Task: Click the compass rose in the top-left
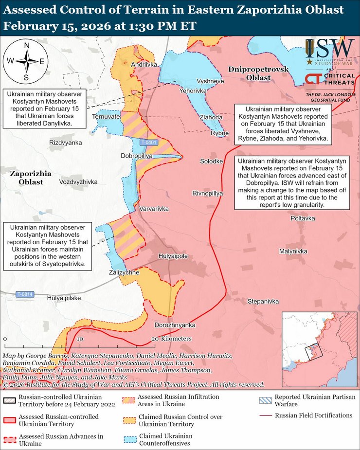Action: [x=26, y=61]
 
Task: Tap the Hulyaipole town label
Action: [x=173, y=256]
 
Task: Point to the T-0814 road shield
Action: [x=24, y=294]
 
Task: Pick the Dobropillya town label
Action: [x=137, y=155]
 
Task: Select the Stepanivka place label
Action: [x=263, y=302]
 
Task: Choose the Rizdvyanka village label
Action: [x=66, y=143]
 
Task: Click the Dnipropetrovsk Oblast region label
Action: [x=258, y=73]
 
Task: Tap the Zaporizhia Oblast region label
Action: [x=28, y=178]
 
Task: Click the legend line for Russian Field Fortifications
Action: [x=266, y=415]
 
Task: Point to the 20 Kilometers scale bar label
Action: [x=171, y=339]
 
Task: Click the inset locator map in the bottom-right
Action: [x=318, y=349]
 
